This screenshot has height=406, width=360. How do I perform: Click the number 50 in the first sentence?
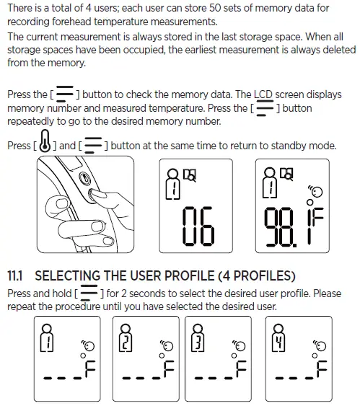coord(215,8)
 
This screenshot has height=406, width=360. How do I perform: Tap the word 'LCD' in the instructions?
coord(263,94)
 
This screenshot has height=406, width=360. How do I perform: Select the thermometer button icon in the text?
coord(45,141)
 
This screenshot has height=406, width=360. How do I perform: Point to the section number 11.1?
coord(14,275)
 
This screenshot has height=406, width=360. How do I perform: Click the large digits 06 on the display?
coord(198,226)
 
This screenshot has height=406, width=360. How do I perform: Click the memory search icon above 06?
coord(190,175)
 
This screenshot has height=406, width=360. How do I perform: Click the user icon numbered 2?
coord(126,338)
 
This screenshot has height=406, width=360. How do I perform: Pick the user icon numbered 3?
coord(198,338)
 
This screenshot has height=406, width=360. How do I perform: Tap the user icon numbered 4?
coord(278,338)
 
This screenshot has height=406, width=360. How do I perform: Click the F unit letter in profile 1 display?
coord(90,369)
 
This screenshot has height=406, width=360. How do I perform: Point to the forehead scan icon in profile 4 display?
coord(320,345)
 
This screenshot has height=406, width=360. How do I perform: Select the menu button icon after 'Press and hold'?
coord(89,293)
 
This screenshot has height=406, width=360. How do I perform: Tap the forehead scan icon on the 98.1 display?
coord(315,191)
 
